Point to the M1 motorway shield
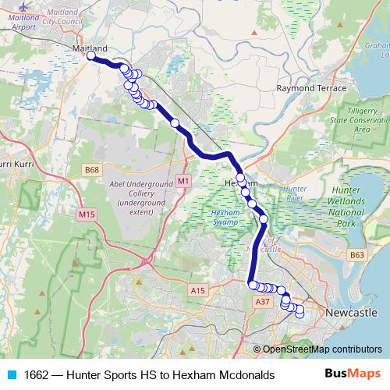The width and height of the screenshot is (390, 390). pyautogui.click(x=183, y=181)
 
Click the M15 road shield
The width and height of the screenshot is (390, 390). pyautogui.click(x=87, y=213)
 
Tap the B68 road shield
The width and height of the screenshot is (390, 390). pyautogui.click(x=93, y=169)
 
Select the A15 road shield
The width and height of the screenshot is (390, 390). pyautogui.click(x=198, y=291)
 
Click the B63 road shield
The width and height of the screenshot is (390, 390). pyautogui.click(x=357, y=254)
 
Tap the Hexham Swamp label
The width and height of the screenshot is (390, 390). pyautogui.click(x=227, y=218)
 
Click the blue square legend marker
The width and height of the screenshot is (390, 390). pyautogui.click(x=11, y=374)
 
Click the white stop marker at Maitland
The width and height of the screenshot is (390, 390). pyautogui.click(x=91, y=56)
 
